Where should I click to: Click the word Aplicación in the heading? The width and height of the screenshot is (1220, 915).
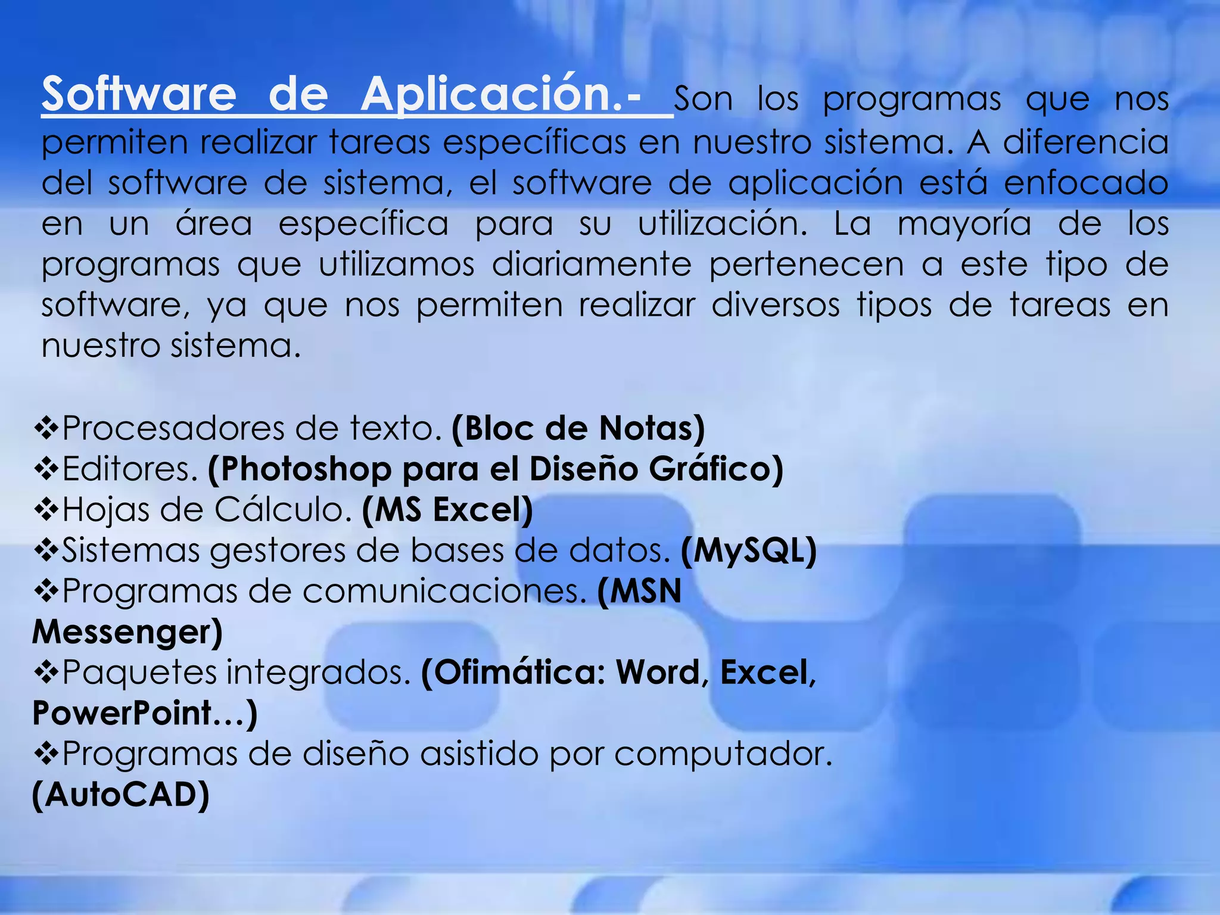coord(491,95)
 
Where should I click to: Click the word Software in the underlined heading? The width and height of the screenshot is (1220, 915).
coord(139,95)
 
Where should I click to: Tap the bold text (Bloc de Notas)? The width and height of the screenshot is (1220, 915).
coord(578,428)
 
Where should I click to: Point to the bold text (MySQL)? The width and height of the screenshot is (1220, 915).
coord(748,550)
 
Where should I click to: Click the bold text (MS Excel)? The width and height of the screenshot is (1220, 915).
coord(447,510)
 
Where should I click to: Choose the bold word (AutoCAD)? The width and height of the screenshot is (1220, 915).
coord(121,795)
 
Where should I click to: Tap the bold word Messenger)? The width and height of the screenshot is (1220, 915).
coord(127,632)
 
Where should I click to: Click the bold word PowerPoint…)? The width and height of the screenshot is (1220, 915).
coord(145,713)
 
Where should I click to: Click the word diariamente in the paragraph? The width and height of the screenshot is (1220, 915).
coord(592,265)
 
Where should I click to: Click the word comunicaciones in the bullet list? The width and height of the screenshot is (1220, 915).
coord(443,592)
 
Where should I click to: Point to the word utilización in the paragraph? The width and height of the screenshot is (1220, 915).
coord(722,224)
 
